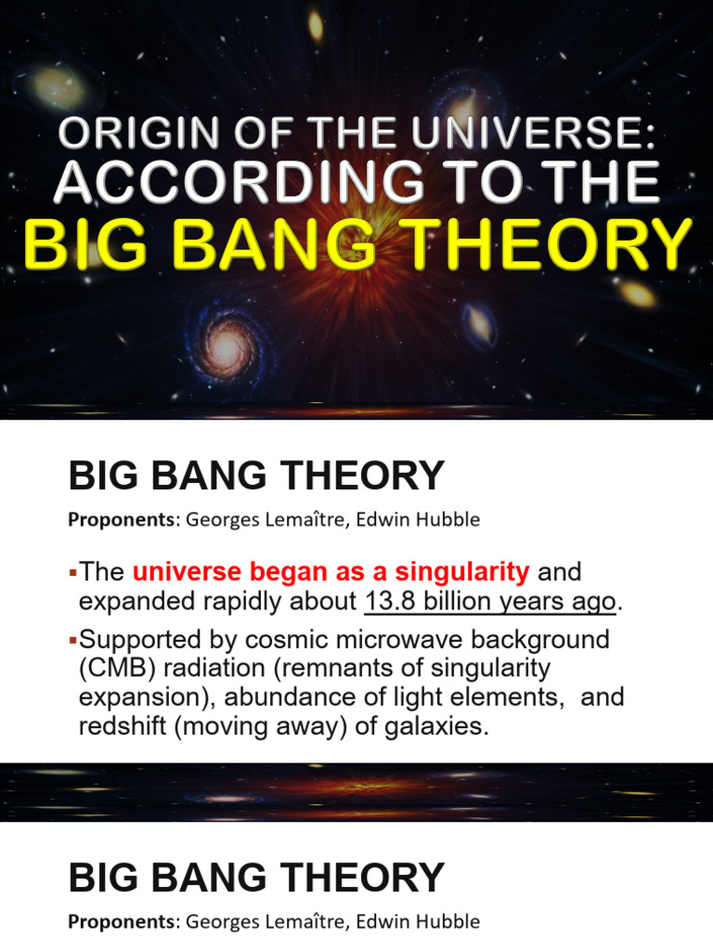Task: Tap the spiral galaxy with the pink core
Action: (x=227, y=345)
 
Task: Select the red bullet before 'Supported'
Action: (x=73, y=640)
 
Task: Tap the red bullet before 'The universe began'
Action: (x=73, y=570)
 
